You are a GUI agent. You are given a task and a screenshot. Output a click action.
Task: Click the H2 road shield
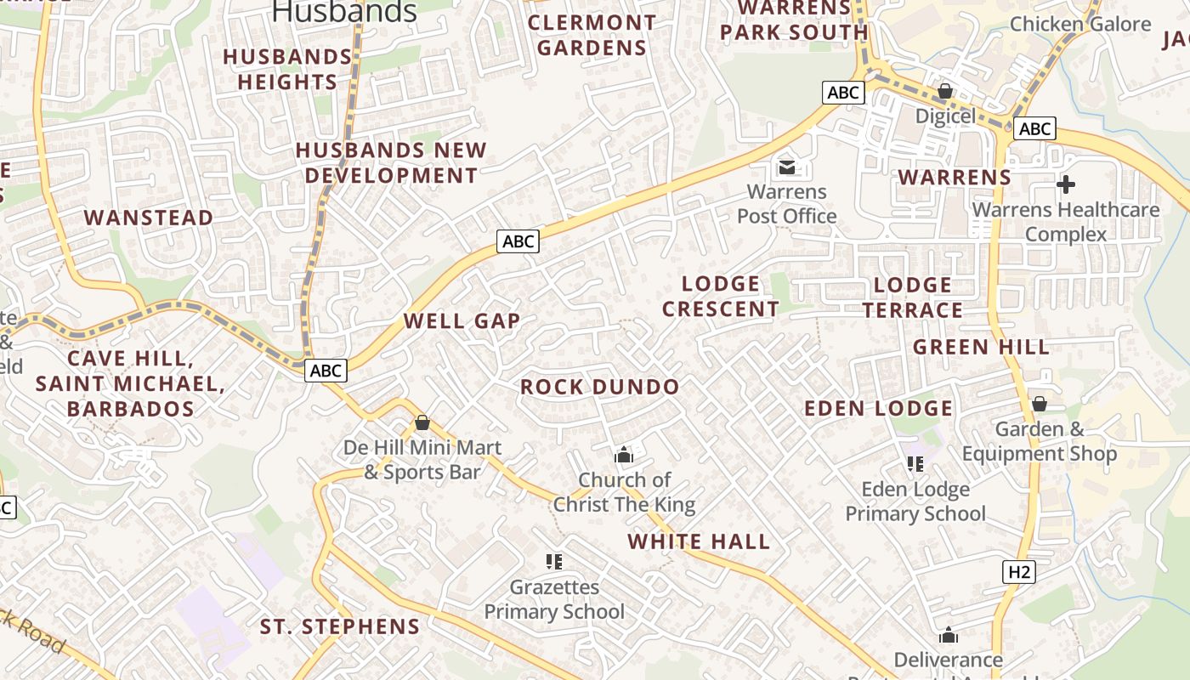coord(1019,572)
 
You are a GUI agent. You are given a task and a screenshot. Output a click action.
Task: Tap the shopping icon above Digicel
coord(944,90)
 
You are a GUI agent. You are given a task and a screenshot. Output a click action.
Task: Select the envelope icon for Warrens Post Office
coord(787,166)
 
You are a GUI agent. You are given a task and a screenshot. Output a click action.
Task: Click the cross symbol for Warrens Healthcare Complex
coord(1065,184)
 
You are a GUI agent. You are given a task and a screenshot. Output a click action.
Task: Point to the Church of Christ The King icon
coord(624,455)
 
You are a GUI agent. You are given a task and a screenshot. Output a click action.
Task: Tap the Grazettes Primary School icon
coord(554,561)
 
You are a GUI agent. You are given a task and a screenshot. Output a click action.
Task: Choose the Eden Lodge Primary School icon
coord(915,463)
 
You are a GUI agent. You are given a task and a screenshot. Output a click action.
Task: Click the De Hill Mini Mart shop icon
coord(422,422)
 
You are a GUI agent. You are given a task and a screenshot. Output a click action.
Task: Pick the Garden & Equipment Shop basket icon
coord(1039,404)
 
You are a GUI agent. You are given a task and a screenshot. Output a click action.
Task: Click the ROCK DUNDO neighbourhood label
coord(600,388)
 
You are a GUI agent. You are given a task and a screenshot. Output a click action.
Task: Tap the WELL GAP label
coord(462,321)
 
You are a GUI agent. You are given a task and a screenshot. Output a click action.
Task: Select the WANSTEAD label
coord(149,218)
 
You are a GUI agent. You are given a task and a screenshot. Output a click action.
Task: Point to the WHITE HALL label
coord(699,541)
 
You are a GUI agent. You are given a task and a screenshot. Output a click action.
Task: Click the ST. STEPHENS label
coord(340,627)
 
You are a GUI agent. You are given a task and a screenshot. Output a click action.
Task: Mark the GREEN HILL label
coord(982,347)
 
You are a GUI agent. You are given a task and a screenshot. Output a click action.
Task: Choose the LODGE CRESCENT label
coord(721,297)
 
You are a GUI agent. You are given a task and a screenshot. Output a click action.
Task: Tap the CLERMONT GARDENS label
coord(592,35)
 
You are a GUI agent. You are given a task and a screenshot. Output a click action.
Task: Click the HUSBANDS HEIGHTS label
coord(287,70)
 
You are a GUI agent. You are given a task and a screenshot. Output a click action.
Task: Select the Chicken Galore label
coord(1080,24)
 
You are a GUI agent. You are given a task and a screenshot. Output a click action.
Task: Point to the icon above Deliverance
coord(949,635)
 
